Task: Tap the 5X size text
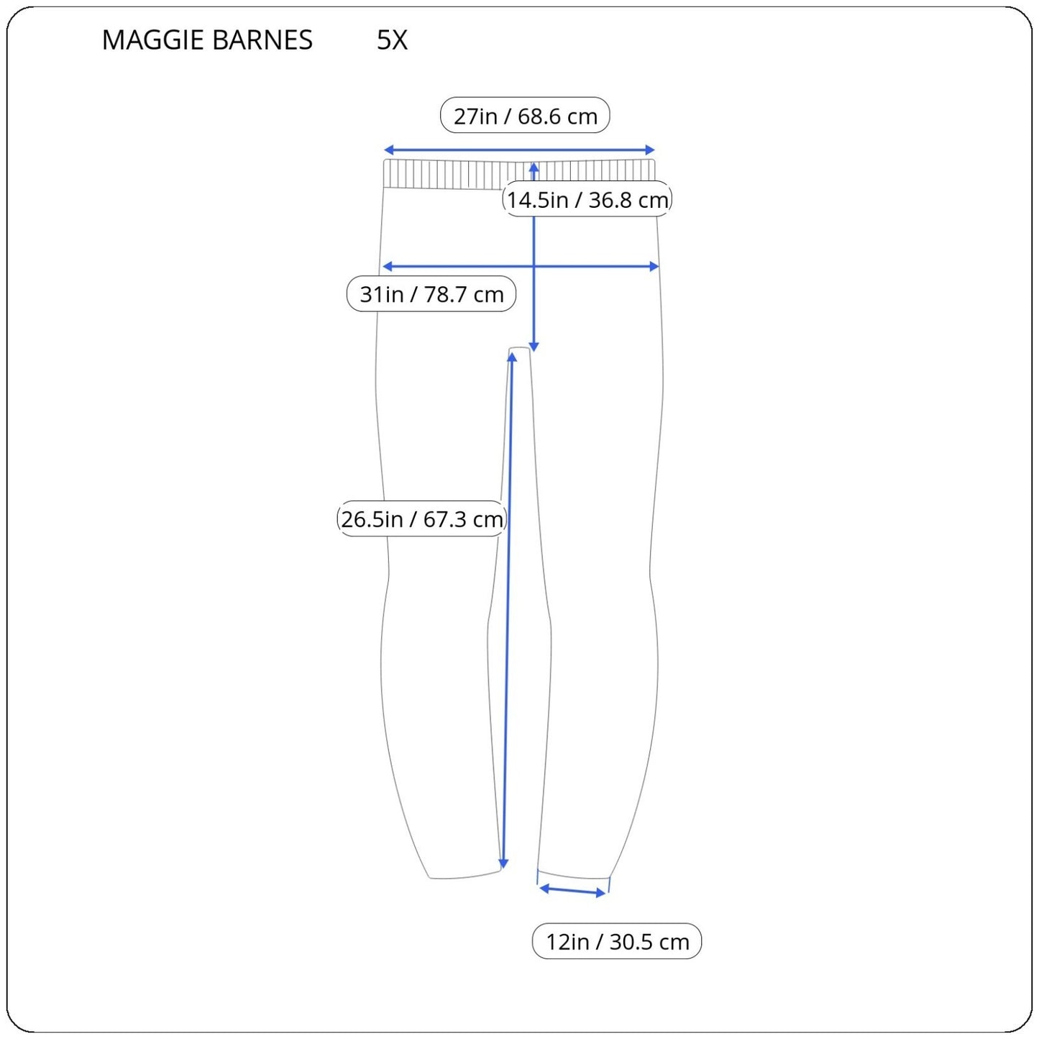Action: pyautogui.click(x=392, y=40)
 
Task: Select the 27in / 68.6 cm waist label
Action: pyautogui.click(x=525, y=116)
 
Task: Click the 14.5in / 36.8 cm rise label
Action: pyautogui.click(x=587, y=200)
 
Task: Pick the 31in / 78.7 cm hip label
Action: pyautogui.click(x=431, y=294)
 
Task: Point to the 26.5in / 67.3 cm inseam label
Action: pyautogui.click(x=421, y=519)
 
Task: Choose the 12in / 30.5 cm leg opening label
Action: pyautogui.click(x=617, y=941)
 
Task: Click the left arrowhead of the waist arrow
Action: pyautogui.click(x=388, y=150)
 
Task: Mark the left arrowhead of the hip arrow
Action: pyautogui.click(x=387, y=267)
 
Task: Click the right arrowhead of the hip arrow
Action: pyautogui.click(x=654, y=267)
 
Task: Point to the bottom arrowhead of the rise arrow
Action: pyautogui.click(x=534, y=347)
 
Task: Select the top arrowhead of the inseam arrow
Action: pyautogui.click(x=512, y=357)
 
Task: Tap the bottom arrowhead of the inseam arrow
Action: pyautogui.click(x=503, y=863)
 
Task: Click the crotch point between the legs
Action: pyautogui.click(x=521, y=350)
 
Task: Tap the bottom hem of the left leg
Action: pyautogui.click(x=464, y=876)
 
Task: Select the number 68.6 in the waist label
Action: pyautogui.click(x=539, y=116)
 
